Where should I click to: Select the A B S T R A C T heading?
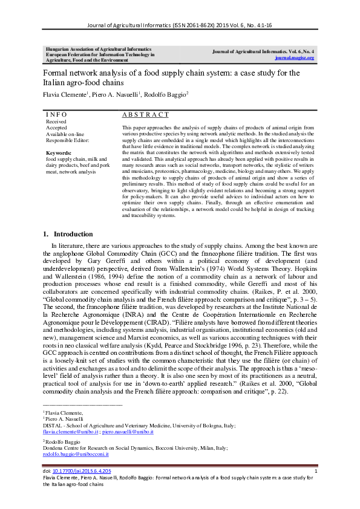pos(145,114)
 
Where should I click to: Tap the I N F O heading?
pos(57,114)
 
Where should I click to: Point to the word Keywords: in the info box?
pos(59,153)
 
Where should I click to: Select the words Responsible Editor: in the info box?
pos(68,139)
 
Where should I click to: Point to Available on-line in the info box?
pos(65,133)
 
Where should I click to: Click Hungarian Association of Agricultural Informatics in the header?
pos(94,47)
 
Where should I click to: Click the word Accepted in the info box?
pos(57,127)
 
